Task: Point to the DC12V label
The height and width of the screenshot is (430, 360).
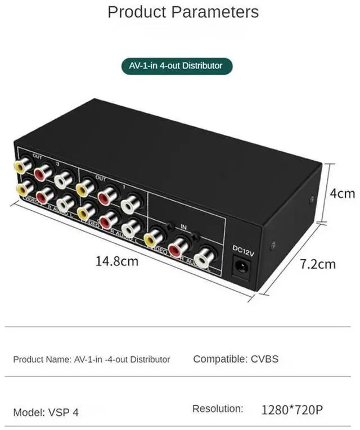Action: click(244, 248)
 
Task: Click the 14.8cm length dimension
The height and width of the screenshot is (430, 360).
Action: click(116, 261)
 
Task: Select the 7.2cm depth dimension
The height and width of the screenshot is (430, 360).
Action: click(317, 264)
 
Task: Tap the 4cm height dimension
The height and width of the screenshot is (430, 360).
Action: click(342, 193)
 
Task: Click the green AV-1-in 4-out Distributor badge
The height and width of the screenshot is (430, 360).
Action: click(177, 66)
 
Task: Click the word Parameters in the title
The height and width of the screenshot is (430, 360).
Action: click(216, 12)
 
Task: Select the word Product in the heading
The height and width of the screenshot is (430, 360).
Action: click(137, 12)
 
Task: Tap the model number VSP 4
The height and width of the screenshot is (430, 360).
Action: click(66, 412)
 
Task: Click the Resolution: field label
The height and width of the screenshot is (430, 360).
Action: click(218, 409)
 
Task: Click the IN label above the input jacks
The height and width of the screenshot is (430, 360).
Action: click(183, 226)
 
